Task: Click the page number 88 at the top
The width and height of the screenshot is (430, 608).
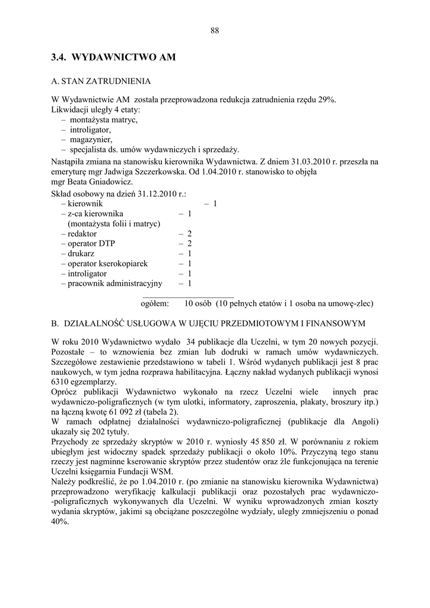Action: coord(215,31)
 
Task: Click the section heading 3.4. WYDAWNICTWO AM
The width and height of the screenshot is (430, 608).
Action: coord(114,58)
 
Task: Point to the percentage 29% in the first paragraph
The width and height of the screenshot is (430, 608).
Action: coord(327,100)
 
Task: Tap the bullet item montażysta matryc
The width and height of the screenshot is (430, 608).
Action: coord(103,119)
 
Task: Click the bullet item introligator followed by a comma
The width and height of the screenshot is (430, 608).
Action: coord(90,129)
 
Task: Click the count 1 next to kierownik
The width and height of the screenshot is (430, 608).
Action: coord(215,204)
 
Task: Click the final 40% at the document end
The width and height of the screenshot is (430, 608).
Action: coord(60,522)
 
